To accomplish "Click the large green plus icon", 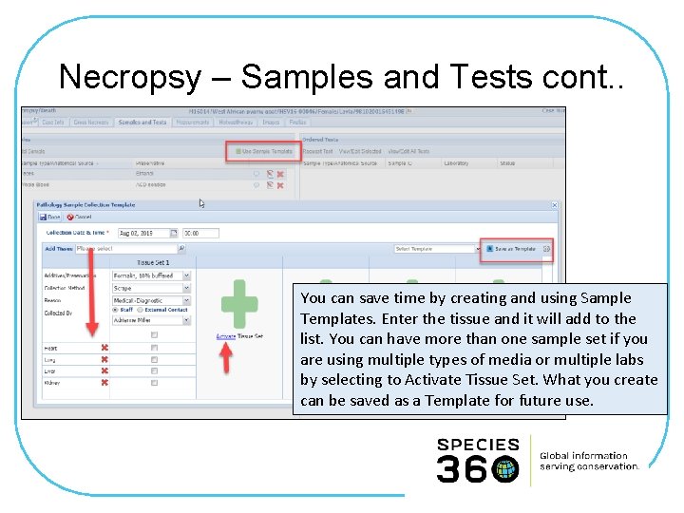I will click(x=238, y=304).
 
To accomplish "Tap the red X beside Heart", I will click(x=104, y=348).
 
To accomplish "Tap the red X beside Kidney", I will click(x=104, y=382).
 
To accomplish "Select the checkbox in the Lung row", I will click(x=154, y=359).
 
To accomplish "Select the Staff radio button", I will click(x=116, y=310).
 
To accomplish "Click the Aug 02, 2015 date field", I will click(x=142, y=233).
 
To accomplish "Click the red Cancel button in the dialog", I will click(x=81, y=217).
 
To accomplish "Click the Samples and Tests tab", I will click(x=142, y=123).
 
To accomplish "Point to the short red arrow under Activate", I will click(x=226, y=357).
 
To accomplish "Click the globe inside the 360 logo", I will click(x=505, y=468).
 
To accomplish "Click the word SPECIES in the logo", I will click(x=478, y=445).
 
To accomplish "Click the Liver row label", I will click(x=51, y=370).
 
